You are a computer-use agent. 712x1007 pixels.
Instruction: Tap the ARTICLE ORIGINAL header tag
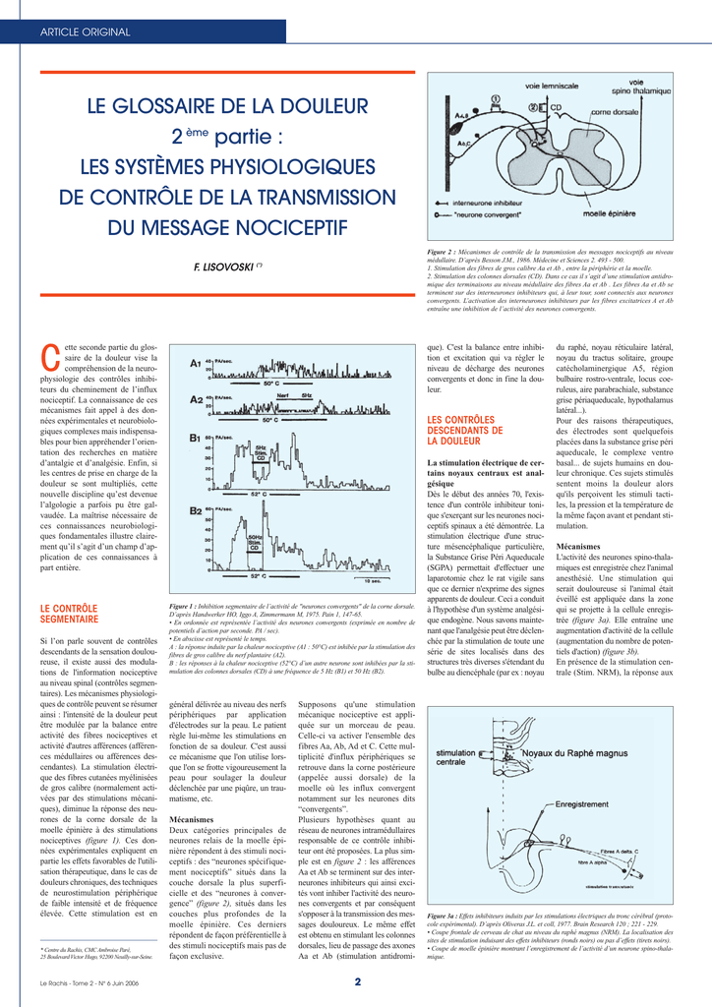[x=85, y=32]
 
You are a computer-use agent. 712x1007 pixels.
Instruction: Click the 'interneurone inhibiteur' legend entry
[x=496, y=199]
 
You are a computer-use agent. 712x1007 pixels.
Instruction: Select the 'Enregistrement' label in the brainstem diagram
[x=582, y=803]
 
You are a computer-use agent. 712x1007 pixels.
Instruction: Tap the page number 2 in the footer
[x=358, y=980]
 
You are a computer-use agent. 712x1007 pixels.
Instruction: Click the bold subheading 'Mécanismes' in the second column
[x=192, y=818]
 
